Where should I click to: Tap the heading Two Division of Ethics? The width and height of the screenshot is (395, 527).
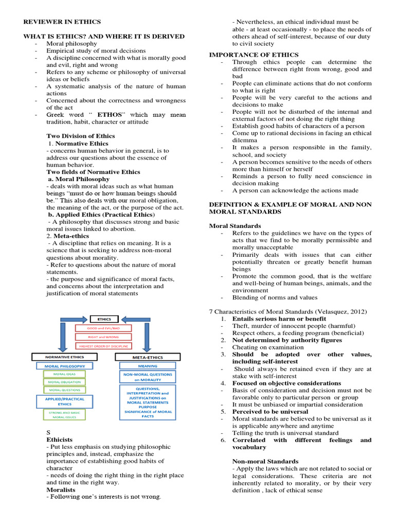[81, 136]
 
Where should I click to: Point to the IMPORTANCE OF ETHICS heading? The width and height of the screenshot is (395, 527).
[254, 55]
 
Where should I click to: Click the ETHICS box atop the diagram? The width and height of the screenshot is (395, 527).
[104, 319]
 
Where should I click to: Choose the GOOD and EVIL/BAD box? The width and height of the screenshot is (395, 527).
[103, 328]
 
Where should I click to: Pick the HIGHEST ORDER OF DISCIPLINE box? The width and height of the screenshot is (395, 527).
[103, 346]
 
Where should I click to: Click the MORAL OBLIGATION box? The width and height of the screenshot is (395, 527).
[64, 382]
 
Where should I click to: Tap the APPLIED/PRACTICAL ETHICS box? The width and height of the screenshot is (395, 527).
[64, 401]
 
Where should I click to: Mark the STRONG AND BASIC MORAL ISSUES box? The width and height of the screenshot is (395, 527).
[64, 414]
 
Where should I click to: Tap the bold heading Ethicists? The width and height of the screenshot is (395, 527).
[60, 440]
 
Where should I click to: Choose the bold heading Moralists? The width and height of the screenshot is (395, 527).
[60, 490]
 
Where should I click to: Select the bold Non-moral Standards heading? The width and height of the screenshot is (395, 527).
[265, 461]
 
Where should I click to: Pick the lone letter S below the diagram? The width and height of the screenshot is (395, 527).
[48, 432]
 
